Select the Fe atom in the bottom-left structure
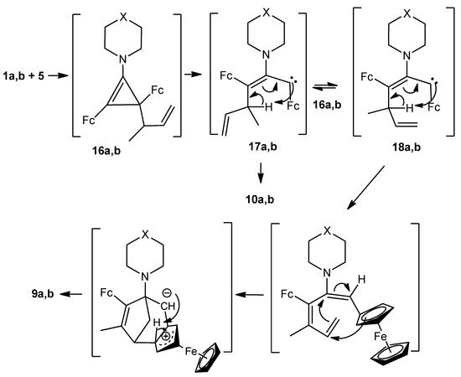[x=191, y=331]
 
